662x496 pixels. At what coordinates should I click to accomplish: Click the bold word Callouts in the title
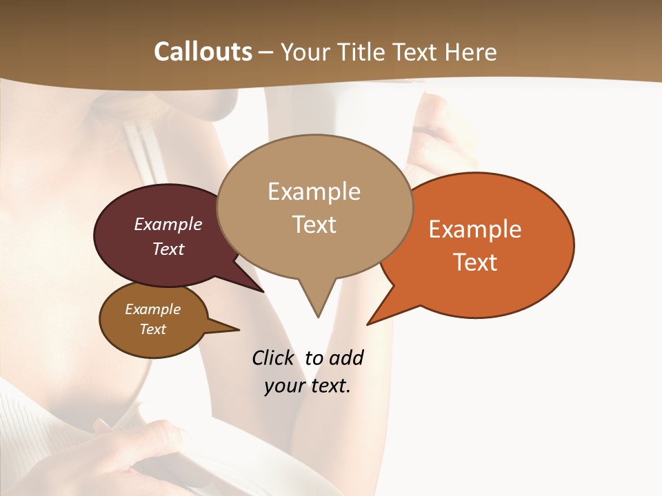pos(203,52)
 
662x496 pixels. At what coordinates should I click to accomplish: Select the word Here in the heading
pos(472,52)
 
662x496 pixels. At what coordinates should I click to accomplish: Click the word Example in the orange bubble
pos(475,229)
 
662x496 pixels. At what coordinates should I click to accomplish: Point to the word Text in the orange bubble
pos(475,262)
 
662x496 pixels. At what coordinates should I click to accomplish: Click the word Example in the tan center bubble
pos(314,192)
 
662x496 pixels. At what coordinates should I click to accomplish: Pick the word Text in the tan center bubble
pos(314,225)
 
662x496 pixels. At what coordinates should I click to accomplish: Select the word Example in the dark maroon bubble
pos(168,224)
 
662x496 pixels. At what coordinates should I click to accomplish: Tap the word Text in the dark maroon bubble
pos(168,249)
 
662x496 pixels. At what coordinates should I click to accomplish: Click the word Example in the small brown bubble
pos(152,309)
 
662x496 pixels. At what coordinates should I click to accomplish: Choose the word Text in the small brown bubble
pos(152,329)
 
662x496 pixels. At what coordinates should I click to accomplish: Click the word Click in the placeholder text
pos(272,358)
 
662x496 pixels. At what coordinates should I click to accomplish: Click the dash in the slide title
pos(267,52)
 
